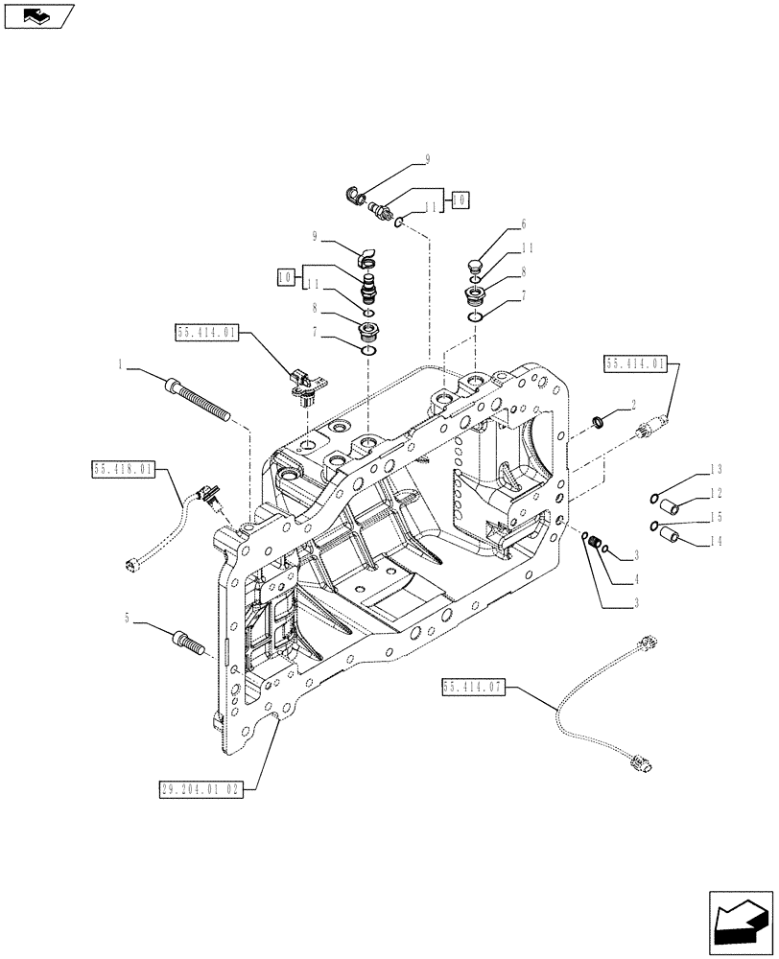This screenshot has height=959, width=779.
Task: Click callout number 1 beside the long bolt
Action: pos(120,364)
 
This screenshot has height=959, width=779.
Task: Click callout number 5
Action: pos(128,620)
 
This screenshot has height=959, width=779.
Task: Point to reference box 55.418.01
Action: pos(123,469)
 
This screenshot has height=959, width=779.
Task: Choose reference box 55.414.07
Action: pos(474,687)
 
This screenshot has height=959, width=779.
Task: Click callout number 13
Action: pos(715,469)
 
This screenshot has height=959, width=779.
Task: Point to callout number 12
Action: pos(715,493)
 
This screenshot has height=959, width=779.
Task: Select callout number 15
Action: pos(715,518)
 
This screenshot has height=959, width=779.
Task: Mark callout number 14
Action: pos(715,542)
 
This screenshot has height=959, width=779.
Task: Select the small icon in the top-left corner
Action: pos(37,16)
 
